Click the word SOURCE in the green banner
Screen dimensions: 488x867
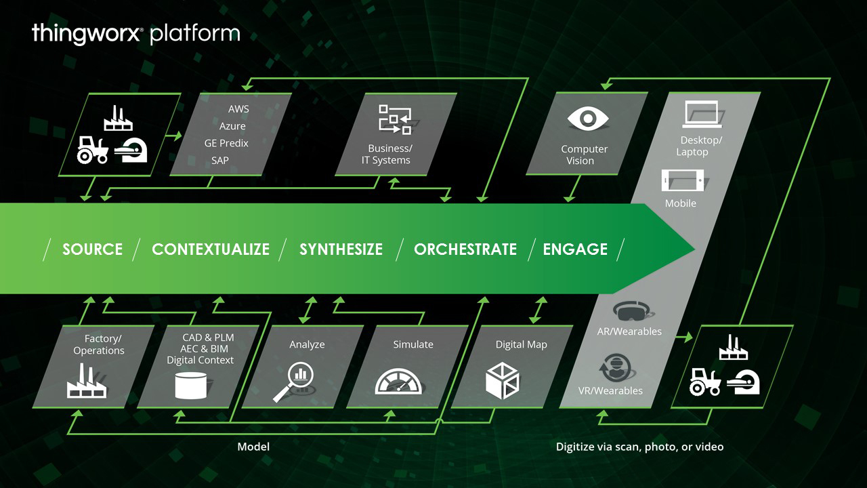93,249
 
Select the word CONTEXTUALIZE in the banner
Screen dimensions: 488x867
211,249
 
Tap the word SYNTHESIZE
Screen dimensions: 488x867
341,249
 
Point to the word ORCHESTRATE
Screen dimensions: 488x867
465,249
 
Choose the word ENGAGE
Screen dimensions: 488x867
575,249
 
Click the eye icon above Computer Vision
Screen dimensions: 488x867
587,119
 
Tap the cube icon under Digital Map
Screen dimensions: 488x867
503,381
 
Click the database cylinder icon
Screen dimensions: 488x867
190,384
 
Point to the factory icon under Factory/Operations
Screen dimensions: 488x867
85,381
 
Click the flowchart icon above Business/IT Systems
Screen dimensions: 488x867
394,119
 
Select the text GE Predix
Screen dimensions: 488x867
226,143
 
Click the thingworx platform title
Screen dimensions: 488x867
135,33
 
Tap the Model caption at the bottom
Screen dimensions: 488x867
253,447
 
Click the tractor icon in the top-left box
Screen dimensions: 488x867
93,150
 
